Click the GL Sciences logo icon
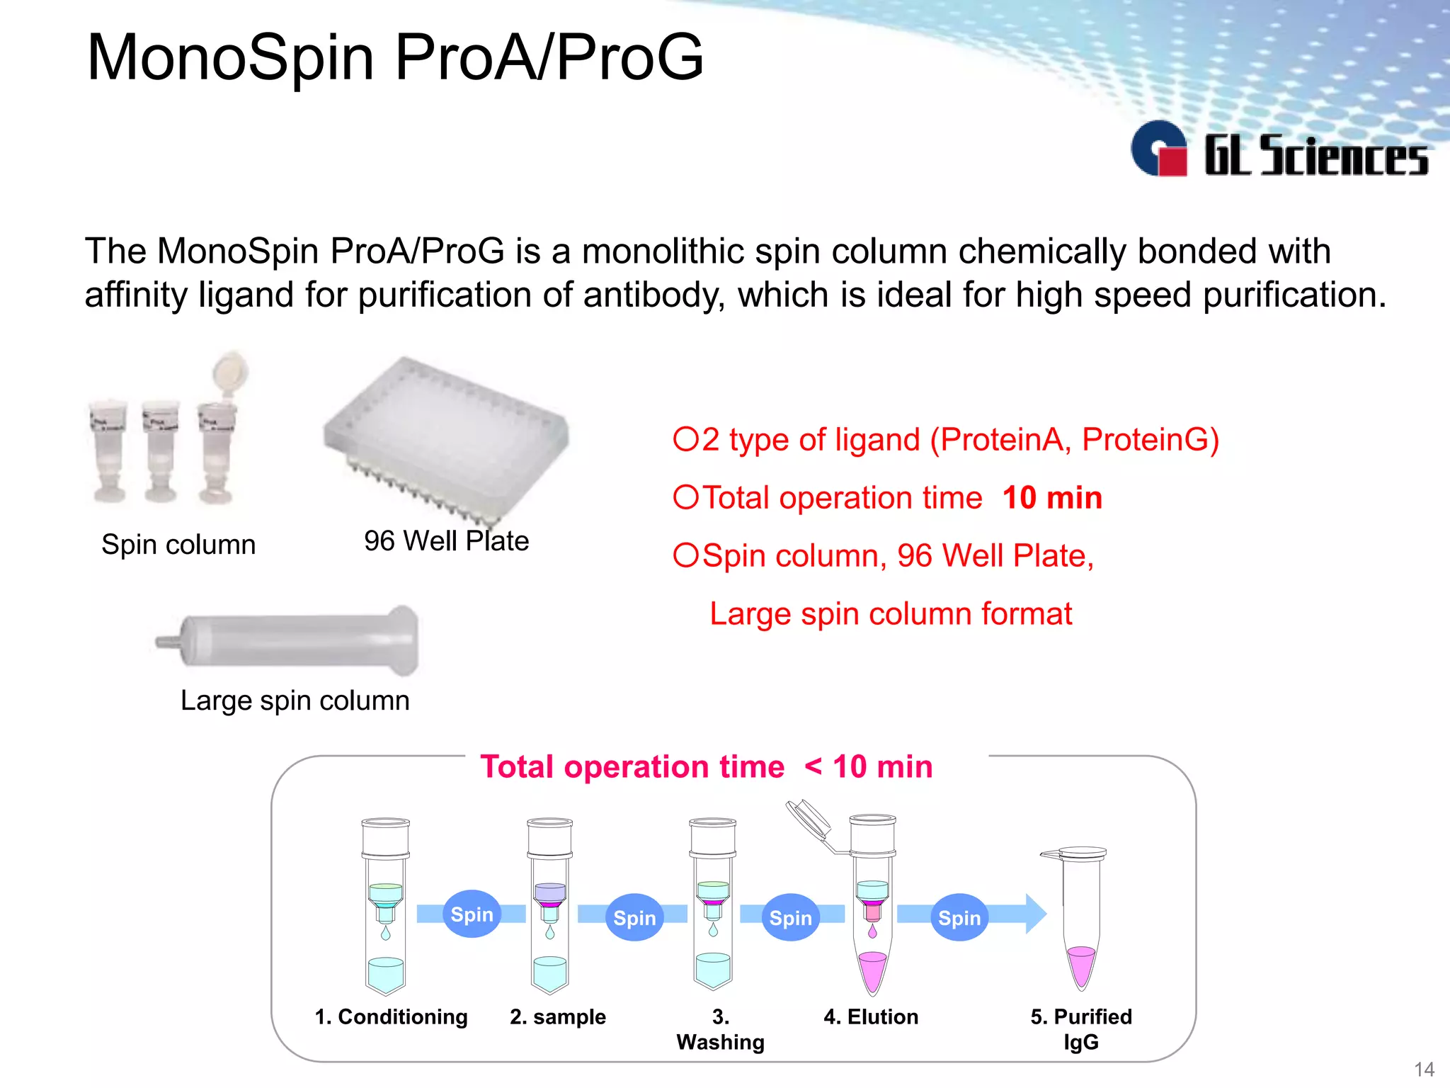click(1159, 149)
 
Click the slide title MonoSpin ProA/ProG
click(395, 57)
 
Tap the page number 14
click(1424, 1069)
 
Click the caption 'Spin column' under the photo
click(178, 545)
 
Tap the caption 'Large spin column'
click(295, 701)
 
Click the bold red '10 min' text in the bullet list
click(1052, 497)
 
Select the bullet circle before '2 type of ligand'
click(685, 439)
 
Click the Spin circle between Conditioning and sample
click(472, 914)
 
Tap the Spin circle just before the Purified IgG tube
click(959, 918)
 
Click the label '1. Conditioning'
click(391, 1016)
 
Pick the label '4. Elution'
click(871, 1016)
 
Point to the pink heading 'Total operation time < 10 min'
click(706, 767)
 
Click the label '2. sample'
click(558, 1016)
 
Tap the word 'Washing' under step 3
click(720, 1042)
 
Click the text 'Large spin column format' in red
click(891, 614)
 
